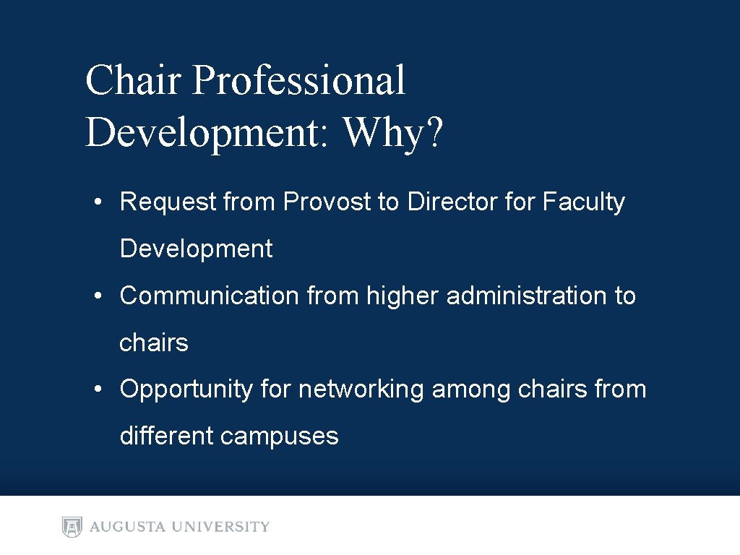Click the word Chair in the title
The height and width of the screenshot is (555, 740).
point(133,80)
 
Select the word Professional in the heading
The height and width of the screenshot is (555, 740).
point(298,82)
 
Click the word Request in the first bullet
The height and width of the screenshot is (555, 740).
point(168,202)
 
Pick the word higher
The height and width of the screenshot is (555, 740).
point(403,296)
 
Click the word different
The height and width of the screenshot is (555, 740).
point(166,436)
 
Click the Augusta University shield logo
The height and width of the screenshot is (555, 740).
point(72,527)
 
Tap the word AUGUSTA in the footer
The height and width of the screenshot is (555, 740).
point(126,527)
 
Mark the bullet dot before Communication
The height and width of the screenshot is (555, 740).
point(96,296)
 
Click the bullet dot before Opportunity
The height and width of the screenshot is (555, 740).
point(96,390)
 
